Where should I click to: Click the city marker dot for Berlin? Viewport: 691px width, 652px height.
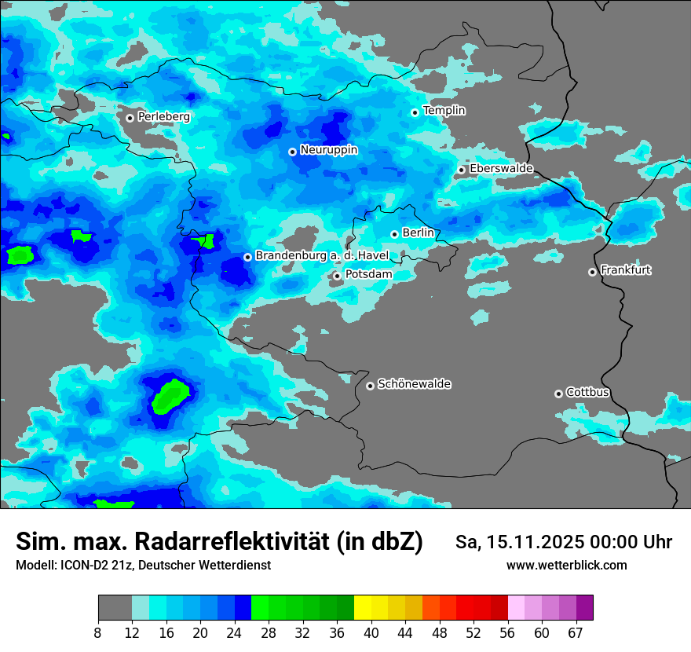[394, 234]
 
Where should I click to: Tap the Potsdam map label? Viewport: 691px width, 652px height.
[368, 273]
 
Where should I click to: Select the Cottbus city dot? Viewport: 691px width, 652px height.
[558, 394]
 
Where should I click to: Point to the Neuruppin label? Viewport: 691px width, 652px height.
[328, 149]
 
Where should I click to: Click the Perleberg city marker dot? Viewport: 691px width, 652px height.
[130, 118]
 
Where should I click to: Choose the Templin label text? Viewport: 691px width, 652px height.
[444, 111]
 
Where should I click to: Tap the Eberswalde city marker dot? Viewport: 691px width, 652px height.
[462, 170]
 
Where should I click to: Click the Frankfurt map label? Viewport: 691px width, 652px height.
[625, 270]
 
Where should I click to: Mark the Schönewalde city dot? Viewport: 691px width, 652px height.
[370, 386]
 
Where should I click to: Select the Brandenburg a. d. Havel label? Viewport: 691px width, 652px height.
[322, 255]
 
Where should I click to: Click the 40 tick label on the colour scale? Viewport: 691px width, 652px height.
[371, 633]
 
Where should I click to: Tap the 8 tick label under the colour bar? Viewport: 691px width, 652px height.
[98, 633]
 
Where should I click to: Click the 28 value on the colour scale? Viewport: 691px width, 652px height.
[269, 633]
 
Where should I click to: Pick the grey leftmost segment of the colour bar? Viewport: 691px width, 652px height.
[115, 608]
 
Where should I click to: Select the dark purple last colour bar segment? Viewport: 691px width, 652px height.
[584, 608]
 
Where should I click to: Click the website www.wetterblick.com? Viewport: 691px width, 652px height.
[566, 566]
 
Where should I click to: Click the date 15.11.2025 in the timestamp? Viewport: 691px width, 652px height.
[532, 542]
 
